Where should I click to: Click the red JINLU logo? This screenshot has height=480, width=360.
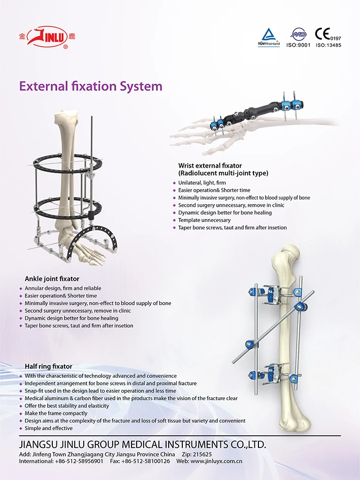(47, 37)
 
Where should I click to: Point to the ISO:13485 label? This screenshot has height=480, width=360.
(328, 45)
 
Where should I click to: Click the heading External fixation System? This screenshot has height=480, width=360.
(91, 86)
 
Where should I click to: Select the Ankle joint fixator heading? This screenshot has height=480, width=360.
(52, 278)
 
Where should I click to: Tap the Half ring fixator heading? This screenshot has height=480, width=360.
(48, 366)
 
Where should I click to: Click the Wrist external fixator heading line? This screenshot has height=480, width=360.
(210, 166)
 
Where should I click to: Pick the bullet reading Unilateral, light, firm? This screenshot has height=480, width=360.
(202, 182)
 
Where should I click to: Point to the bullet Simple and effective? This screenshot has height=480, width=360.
(49, 428)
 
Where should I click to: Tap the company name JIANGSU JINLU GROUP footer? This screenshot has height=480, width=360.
(142, 444)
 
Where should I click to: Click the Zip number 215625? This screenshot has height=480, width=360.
(203, 454)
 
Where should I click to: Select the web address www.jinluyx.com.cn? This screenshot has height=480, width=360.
(216, 461)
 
